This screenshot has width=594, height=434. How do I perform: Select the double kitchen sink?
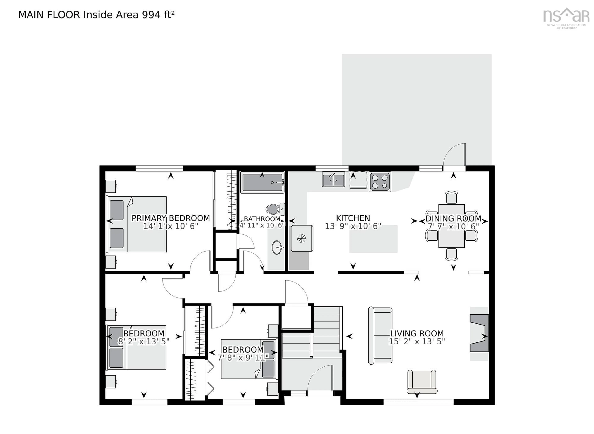click(333, 180)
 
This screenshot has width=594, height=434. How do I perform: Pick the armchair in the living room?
click(422, 381)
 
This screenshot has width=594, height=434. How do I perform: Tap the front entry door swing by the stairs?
click(320, 381)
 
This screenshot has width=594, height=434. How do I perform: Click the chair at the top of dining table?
click(452, 197)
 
